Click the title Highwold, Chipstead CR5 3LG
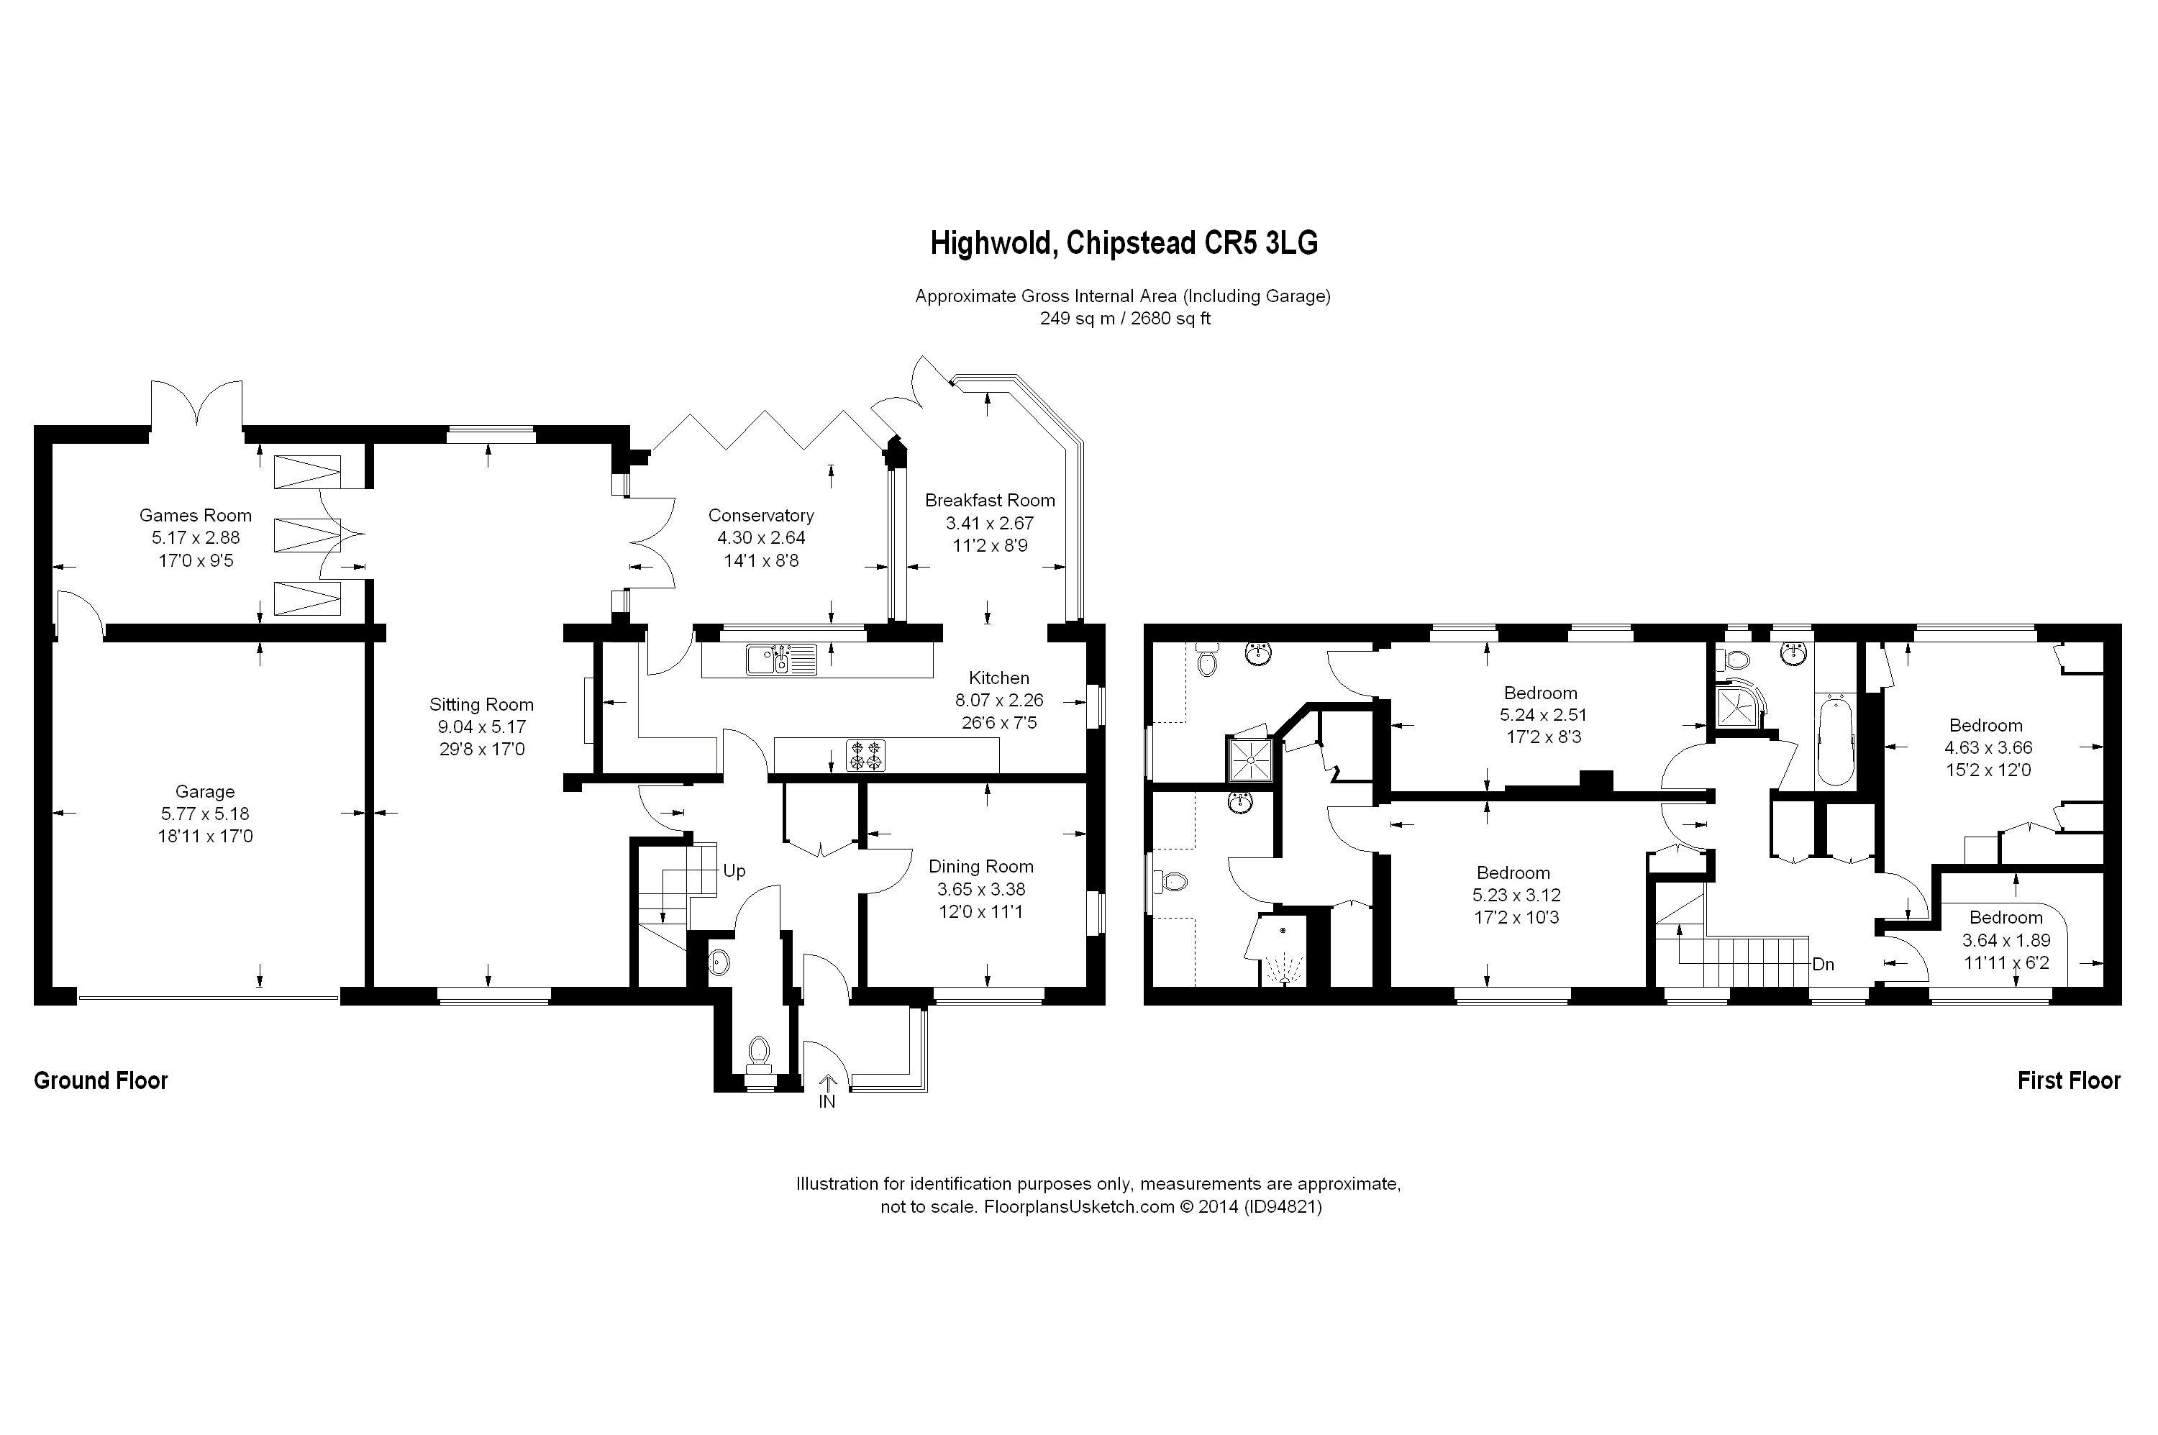pyautogui.click(x=1124, y=243)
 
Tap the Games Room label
pyautogui.click(x=195, y=515)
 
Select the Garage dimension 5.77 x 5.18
pyautogui.click(x=205, y=814)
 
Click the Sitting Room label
pyautogui.click(x=481, y=705)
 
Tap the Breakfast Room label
pyautogui.click(x=989, y=501)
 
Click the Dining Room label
pyautogui.click(x=981, y=867)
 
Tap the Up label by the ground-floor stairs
pyautogui.click(x=734, y=871)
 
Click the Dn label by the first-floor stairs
pyautogui.click(x=1823, y=965)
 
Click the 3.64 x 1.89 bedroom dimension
pyautogui.click(x=2006, y=940)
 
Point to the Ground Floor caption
pyautogui.click(x=101, y=1081)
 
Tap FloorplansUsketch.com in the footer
pyautogui.click(x=1078, y=1207)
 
